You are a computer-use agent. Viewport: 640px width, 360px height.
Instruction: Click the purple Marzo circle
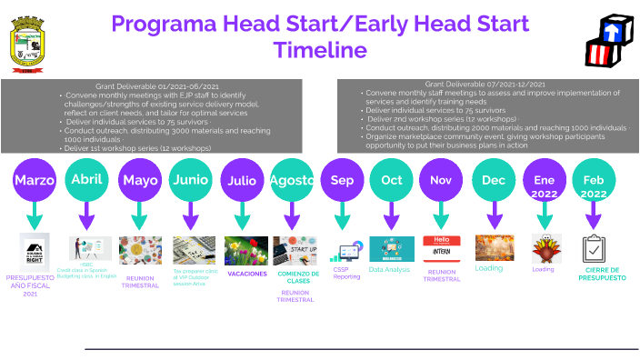pos(35,180)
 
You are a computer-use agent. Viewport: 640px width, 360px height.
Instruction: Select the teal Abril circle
pos(86,179)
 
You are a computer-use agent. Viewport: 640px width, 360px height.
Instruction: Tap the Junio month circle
pos(190,180)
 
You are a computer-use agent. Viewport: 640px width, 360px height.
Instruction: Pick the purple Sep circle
pos(342,180)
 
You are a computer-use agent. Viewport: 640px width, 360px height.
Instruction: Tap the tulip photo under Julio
pos(242,249)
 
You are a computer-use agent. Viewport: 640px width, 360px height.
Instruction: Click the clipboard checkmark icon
pos(594,248)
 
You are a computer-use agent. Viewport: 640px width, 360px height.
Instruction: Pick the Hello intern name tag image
pos(442,248)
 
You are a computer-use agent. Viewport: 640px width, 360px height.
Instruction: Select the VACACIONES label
pos(246,273)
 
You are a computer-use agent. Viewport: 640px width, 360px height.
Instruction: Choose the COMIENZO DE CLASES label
pos(297,276)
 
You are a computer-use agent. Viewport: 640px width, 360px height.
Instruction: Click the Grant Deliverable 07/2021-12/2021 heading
pos(485,84)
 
